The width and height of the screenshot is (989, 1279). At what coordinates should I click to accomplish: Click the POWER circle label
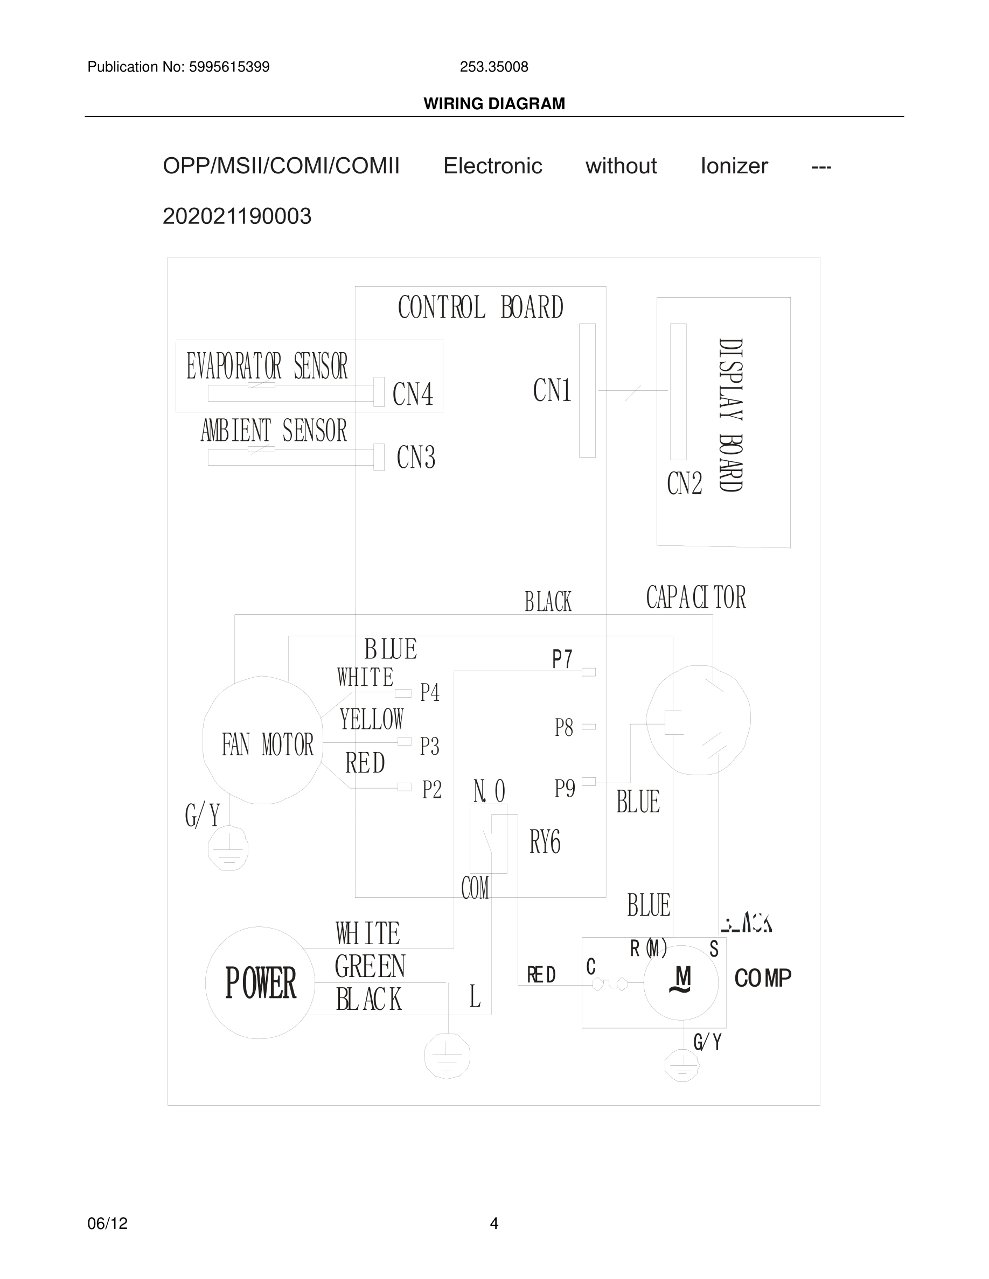[261, 983]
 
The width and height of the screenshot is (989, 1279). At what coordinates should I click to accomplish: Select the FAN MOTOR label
[268, 745]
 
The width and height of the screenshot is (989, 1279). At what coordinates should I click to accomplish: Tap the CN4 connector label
[413, 394]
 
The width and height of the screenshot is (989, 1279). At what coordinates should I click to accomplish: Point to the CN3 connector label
[415, 458]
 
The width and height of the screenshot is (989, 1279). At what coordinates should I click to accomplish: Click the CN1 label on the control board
[552, 391]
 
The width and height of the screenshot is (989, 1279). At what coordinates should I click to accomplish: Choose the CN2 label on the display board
[684, 484]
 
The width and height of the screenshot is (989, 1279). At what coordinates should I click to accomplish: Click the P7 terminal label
[562, 659]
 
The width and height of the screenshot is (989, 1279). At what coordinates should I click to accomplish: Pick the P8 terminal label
[563, 728]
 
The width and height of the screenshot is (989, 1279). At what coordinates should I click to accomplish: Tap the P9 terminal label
[565, 789]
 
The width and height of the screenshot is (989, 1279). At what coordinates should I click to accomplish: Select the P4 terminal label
[429, 693]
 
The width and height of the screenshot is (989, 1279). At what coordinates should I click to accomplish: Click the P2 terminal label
[432, 790]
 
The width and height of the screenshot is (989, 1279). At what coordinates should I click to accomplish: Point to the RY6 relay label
[545, 843]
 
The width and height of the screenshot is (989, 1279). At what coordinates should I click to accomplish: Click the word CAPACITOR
[695, 598]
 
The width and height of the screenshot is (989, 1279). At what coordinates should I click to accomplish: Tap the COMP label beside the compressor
[762, 978]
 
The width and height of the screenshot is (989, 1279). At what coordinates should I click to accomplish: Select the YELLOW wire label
[372, 719]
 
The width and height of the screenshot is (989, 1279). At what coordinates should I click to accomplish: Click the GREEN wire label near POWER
[370, 966]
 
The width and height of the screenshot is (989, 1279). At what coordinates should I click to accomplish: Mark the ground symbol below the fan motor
[228, 848]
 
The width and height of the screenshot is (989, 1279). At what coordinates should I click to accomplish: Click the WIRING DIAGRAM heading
[494, 104]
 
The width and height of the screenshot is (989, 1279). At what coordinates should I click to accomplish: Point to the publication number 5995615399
[229, 67]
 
